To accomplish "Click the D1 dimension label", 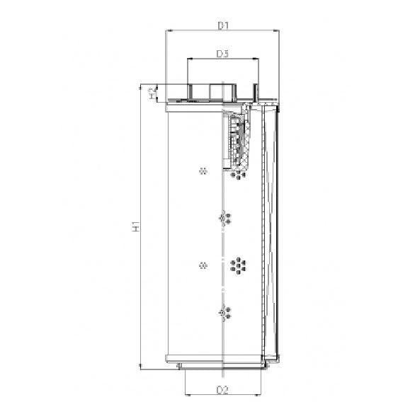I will coord(222,25).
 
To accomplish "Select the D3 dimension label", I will coord(222,54).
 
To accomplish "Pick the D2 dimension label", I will coord(222,390).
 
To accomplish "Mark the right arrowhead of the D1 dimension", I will coord(277,31).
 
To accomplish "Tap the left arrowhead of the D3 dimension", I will coord(189,60).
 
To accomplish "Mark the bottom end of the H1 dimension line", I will coord(140,366).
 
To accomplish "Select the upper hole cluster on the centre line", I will coord(224,218).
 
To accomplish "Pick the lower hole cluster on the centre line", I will coord(224,313).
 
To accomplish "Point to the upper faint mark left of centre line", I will coord(203,171).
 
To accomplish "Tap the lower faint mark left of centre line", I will coord(203,265).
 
